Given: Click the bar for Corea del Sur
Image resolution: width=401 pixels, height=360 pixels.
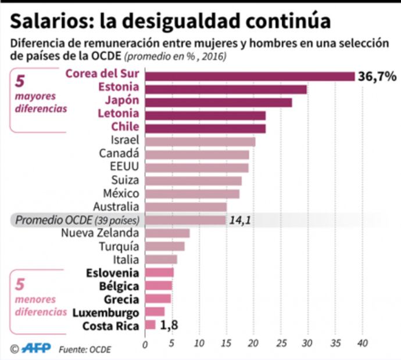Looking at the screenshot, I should [249, 77].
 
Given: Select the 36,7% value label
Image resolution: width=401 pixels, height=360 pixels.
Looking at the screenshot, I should [377, 77].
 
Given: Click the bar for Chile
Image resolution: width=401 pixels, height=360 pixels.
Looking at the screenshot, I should [205, 128].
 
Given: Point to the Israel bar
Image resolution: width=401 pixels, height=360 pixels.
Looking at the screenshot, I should [200, 142].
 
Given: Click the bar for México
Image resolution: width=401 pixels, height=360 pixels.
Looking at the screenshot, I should [192, 194].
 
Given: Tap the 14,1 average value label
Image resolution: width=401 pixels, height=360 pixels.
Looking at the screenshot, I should [240, 220].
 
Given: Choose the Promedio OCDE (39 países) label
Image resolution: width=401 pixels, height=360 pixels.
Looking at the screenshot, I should [77, 220].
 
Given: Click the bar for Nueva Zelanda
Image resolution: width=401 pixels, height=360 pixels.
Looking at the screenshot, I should [167, 233].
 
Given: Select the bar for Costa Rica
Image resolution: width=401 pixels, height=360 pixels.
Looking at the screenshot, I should [150, 325].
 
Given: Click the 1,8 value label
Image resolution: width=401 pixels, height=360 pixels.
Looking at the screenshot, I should [168, 325].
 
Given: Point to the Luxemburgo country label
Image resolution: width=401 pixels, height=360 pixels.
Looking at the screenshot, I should [106, 312].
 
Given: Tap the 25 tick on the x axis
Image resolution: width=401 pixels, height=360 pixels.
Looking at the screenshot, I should [281, 343].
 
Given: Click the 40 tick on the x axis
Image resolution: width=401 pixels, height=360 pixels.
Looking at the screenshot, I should [363, 343].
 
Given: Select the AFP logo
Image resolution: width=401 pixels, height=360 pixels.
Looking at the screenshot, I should [36, 348].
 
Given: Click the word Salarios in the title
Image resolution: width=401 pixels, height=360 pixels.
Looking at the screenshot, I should [49, 21].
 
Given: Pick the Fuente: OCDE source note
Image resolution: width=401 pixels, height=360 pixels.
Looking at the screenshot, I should [84, 349].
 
